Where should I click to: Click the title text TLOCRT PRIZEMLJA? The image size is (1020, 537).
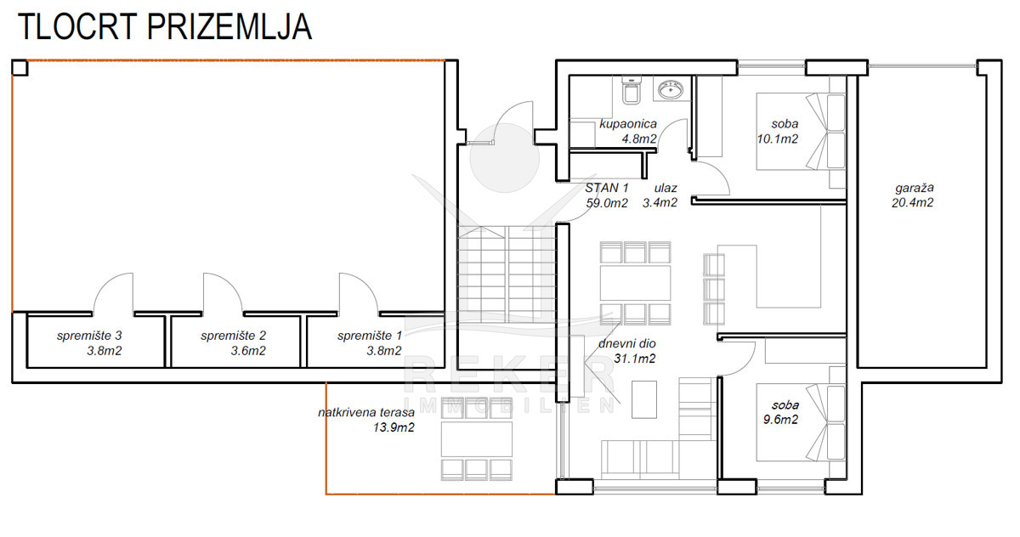165,27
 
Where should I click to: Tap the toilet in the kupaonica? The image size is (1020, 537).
632,91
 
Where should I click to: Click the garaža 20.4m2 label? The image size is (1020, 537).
913,195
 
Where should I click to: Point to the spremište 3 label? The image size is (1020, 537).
90,343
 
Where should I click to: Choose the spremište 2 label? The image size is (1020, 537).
233,343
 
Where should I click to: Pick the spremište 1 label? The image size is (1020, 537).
370,343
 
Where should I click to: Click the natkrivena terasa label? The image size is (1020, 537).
366,420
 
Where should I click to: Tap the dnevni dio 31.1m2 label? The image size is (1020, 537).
627,351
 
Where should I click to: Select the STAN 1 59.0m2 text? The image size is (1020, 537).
607,195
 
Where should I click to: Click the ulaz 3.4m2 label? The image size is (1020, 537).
660,195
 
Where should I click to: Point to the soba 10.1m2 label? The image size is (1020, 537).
778,131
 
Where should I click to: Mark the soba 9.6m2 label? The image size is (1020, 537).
781,412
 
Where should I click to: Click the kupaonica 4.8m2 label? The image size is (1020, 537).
628,131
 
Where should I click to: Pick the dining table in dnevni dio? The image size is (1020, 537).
635,283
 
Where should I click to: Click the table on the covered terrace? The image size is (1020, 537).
476,439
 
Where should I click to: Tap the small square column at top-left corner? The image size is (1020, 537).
20,68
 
